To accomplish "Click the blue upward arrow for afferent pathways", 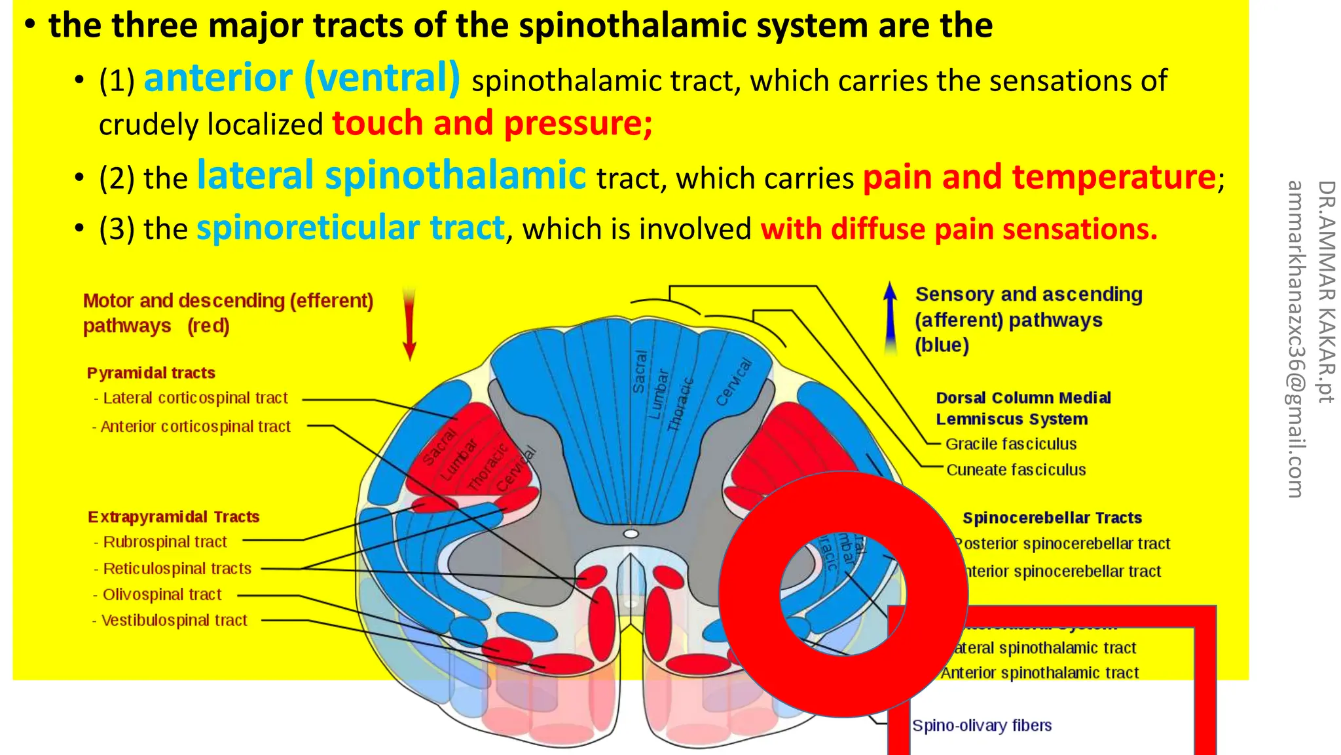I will (x=890, y=318).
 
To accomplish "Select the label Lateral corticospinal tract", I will (x=195, y=398).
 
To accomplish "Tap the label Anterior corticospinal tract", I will (x=195, y=427).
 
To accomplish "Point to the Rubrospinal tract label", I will (x=164, y=542).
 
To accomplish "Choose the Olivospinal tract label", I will (x=162, y=594).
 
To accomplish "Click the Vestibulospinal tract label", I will (x=174, y=620).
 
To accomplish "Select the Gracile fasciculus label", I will (x=1010, y=444).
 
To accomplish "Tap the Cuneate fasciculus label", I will (x=1016, y=470).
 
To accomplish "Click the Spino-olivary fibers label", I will (x=982, y=726).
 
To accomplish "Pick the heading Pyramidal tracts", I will (x=151, y=373).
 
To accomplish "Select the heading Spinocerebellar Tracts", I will (x=1052, y=518).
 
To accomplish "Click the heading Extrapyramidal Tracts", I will (x=174, y=517).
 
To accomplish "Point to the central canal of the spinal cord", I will (x=631, y=533).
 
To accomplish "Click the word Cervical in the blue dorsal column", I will (x=733, y=382).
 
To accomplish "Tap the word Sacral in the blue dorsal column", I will (x=640, y=372).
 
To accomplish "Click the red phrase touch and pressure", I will (x=492, y=123).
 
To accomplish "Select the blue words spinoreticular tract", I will (x=351, y=228).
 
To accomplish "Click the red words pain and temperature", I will (x=1039, y=177).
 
